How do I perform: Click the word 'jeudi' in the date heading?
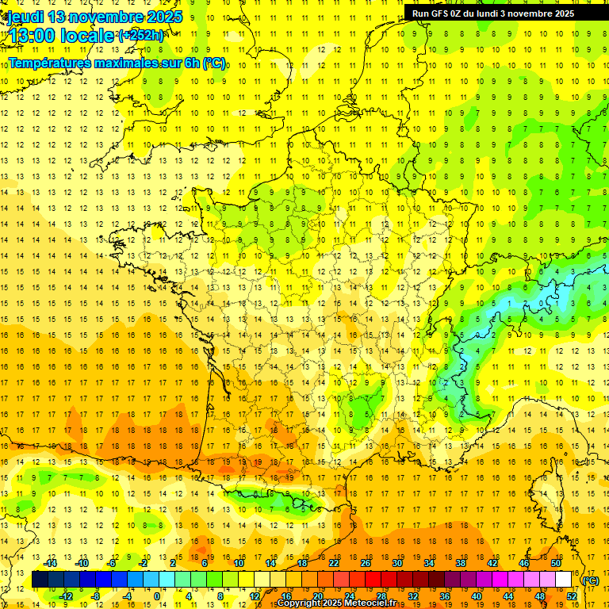coord(24,17)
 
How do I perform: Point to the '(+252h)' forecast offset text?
coord(142,36)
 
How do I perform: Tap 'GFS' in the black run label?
coord(440,13)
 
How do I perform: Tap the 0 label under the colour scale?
coord(157,596)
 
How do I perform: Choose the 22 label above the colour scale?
coord(334,563)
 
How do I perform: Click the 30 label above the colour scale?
coord(397,563)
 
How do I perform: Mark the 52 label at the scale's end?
coord(571,596)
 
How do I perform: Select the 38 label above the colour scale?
coord(461,563)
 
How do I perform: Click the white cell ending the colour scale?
coord(563,580)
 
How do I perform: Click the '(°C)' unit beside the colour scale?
coord(590,580)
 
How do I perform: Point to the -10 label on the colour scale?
coord(82,563)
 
